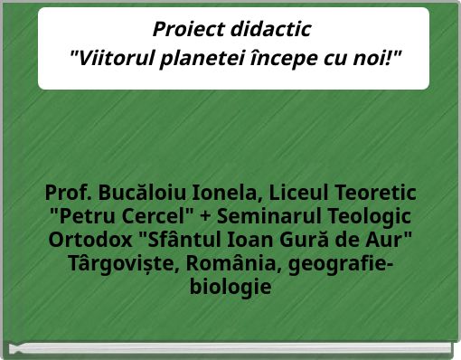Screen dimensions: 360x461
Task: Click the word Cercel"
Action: (x=161, y=218)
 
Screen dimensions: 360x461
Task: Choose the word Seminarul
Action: (x=269, y=218)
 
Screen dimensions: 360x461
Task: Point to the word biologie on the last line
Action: (x=230, y=289)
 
